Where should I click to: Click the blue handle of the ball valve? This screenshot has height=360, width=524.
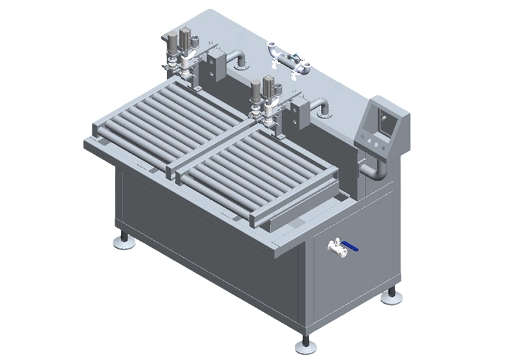[352, 248]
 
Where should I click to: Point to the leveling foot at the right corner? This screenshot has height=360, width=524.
[392, 297]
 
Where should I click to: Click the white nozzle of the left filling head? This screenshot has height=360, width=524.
[186, 66]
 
